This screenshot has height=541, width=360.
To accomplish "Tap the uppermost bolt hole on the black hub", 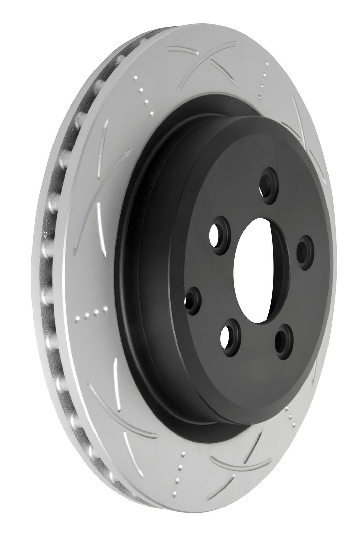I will [x=270, y=185].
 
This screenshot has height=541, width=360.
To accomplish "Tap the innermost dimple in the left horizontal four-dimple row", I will [x=105, y=309].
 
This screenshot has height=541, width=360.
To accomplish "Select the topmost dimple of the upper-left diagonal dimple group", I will [x=135, y=78].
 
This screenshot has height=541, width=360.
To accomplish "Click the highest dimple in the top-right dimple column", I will [x=267, y=63].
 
